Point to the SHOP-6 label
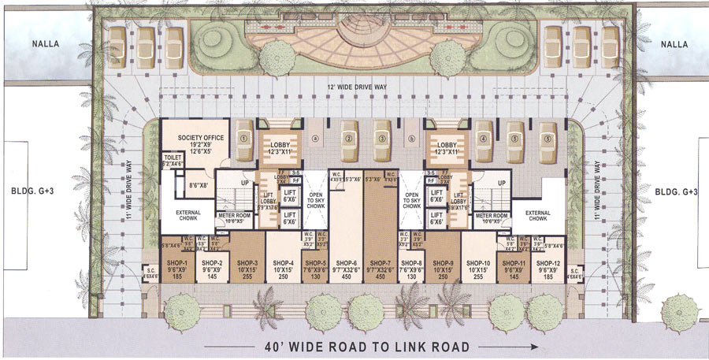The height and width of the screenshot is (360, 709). coord(347,263)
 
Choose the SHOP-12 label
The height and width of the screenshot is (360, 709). coord(548,263)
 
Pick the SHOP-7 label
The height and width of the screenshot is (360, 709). coord(380,263)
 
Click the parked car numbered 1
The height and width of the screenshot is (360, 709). coord(244,139)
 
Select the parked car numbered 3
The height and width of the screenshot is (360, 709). coord(380,139)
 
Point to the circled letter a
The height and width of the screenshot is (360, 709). coord(314,139)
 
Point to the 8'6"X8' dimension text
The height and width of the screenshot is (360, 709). coord(200,186)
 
